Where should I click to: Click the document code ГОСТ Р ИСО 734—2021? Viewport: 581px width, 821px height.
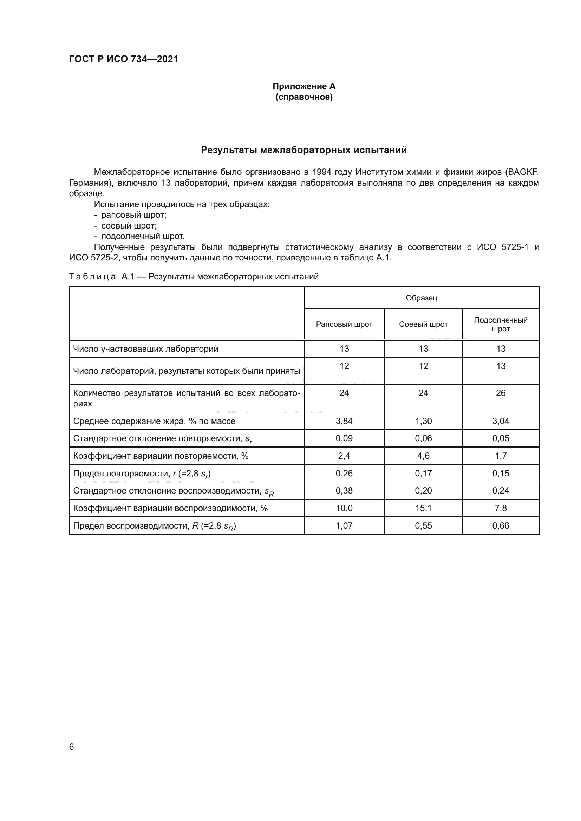coord(123,59)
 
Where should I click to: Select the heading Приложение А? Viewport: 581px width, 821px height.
coord(304,86)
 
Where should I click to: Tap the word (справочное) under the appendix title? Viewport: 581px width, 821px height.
coord(304,97)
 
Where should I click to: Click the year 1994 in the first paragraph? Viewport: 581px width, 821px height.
coord(322,172)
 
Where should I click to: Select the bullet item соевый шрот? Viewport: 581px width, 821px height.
coord(129,226)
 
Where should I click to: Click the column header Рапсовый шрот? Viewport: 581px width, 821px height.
coord(344,324)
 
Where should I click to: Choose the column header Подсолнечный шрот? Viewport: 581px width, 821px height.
coord(501,324)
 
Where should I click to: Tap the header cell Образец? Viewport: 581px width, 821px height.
coord(421,298)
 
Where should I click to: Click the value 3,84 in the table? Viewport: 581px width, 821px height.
coord(344,421)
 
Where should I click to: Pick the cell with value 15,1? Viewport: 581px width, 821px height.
coord(423,508)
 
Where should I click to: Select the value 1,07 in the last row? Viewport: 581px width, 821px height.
coord(344,526)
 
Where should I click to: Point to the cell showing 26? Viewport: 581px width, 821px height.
coord(501,393)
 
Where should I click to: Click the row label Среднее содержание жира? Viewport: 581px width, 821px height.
coord(154,421)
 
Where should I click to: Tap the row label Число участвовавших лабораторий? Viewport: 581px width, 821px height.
coord(146,349)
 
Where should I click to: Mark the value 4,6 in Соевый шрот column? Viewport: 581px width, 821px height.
coord(423,456)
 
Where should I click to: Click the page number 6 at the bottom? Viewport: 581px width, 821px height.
coord(71,747)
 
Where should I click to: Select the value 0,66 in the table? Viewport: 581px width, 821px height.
coord(501,526)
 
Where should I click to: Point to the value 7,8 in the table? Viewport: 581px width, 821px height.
coord(501,508)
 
